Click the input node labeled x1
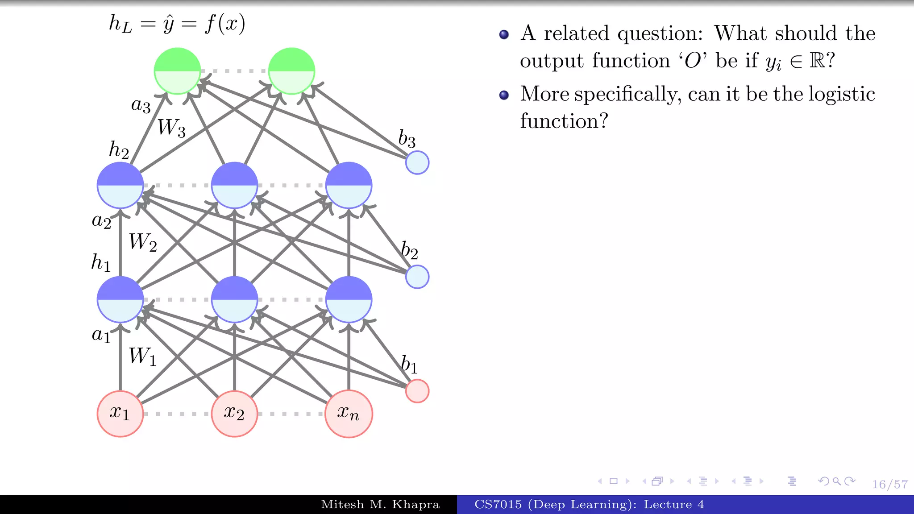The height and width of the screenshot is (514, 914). pyautogui.click(x=120, y=414)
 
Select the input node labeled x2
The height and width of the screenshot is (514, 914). pyautogui.click(x=234, y=414)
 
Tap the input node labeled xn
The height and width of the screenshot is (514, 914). pyautogui.click(x=349, y=414)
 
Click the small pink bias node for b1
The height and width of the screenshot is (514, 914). pyautogui.click(x=417, y=391)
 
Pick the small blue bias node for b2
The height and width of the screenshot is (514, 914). pyautogui.click(x=417, y=277)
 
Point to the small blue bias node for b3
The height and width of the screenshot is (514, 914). pyautogui.click(x=417, y=162)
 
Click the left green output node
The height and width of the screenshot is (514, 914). pyautogui.click(x=177, y=71)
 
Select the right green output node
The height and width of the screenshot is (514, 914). pyautogui.click(x=291, y=71)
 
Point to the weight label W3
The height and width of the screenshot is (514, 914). pyautogui.click(x=171, y=128)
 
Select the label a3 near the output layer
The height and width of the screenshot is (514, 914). pyautogui.click(x=141, y=105)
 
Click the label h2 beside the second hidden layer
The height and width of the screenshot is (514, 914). pyautogui.click(x=119, y=150)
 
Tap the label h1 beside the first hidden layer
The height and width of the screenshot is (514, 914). pyautogui.click(x=101, y=262)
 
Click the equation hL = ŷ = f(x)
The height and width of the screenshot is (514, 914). pyautogui.click(x=177, y=24)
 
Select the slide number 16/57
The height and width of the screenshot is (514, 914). pyautogui.click(x=890, y=485)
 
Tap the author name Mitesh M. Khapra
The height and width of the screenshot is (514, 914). pyautogui.click(x=380, y=505)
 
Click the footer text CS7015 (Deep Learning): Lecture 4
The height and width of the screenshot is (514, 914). pyautogui.click(x=589, y=505)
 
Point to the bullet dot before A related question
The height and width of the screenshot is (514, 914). pyautogui.click(x=504, y=35)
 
